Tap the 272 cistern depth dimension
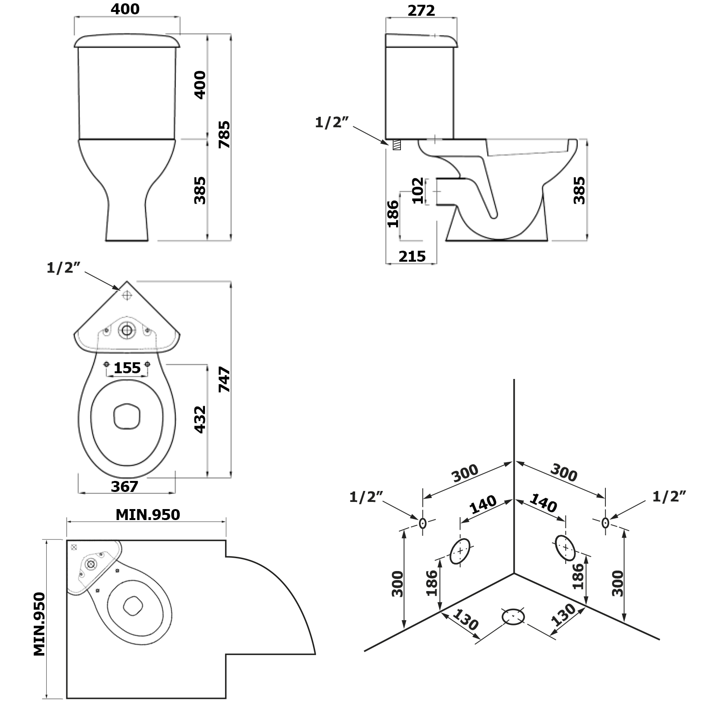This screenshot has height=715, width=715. [421, 10]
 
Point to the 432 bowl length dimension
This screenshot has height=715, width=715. [200, 419]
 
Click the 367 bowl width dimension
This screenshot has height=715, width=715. [124, 486]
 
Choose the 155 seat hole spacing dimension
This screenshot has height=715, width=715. [127, 368]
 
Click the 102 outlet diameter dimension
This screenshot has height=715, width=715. [418, 190]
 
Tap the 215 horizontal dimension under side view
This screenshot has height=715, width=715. [412, 256]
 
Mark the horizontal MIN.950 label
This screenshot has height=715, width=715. [148, 515]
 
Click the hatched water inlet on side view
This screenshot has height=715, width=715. [397, 145]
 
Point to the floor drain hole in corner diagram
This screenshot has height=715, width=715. [513, 616]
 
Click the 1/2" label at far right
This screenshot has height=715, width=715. [669, 497]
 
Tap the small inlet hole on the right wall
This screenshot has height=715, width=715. [605, 523]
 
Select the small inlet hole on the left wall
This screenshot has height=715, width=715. [422, 523]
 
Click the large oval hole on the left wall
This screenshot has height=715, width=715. [460, 551]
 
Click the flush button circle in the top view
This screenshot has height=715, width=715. [127, 329]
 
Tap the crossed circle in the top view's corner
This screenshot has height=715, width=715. [127, 296]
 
